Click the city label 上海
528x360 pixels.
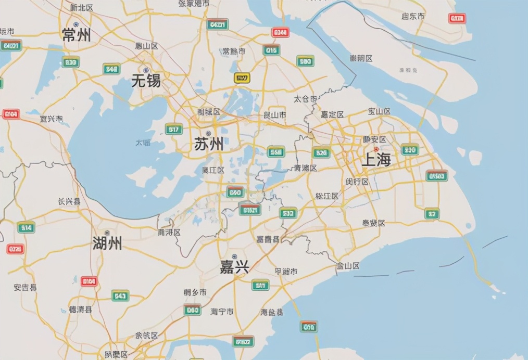click(376, 160)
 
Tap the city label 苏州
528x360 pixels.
click(209, 144)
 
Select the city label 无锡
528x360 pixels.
click(146, 81)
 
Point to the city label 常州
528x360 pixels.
click(77, 35)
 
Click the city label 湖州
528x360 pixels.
click(107, 242)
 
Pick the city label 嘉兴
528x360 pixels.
click(234, 267)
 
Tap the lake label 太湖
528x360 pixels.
click(143, 142)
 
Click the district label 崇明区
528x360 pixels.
click(361, 58)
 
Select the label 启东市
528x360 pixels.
click(413, 16)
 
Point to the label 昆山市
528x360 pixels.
click(275, 114)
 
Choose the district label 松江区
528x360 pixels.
click(327, 196)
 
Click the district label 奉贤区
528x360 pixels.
click(373, 223)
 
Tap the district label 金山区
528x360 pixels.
click(348, 266)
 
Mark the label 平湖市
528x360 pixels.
click(286, 272)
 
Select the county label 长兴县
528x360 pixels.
click(69, 201)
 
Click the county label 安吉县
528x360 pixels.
click(25, 287)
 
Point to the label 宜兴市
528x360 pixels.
click(51, 119)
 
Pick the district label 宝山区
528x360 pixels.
click(379, 111)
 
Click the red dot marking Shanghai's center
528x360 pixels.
click(376, 149)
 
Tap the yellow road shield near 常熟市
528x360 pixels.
click(242, 78)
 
